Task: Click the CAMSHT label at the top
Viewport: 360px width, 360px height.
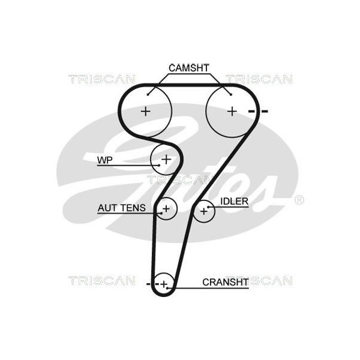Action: pyautogui.click(x=189, y=68)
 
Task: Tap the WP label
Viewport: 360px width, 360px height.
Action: pyautogui.click(x=105, y=160)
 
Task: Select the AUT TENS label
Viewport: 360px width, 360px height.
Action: pyautogui.click(x=122, y=208)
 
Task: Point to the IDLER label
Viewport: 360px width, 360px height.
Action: pyautogui.click(x=235, y=202)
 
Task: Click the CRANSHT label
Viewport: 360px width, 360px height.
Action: pyautogui.click(x=226, y=282)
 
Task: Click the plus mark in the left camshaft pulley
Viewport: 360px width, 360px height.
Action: pyautogui.click(x=146, y=112)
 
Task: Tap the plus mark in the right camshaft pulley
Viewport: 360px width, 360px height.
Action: pyautogui.click(x=232, y=112)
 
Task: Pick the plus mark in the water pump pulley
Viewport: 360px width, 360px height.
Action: pyautogui.click(x=166, y=159)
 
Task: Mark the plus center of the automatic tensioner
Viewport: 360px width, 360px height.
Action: pyautogui.click(x=166, y=209)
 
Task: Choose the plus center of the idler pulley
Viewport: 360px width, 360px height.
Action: pyautogui.click(x=204, y=211)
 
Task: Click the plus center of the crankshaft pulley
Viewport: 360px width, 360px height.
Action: pyautogui.click(x=164, y=284)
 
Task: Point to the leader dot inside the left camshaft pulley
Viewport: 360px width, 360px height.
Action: pyautogui.click(x=148, y=94)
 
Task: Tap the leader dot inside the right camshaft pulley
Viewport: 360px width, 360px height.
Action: pyautogui.click(x=231, y=94)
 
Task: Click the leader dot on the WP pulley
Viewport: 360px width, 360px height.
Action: pyautogui.click(x=159, y=165)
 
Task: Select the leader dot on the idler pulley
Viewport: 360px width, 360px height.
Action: pyautogui.click(x=208, y=207)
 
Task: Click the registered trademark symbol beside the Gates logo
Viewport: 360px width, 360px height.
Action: pyautogui.click(x=299, y=200)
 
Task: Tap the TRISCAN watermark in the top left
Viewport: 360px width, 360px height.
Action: pyautogui.click(x=102, y=79)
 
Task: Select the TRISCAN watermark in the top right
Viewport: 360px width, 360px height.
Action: pyautogui.click(x=259, y=79)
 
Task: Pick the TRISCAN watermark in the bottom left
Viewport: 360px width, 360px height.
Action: pyautogui.click(x=102, y=281)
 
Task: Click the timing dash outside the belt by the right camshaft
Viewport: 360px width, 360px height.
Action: pyautogui.click(x=265, y=112)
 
